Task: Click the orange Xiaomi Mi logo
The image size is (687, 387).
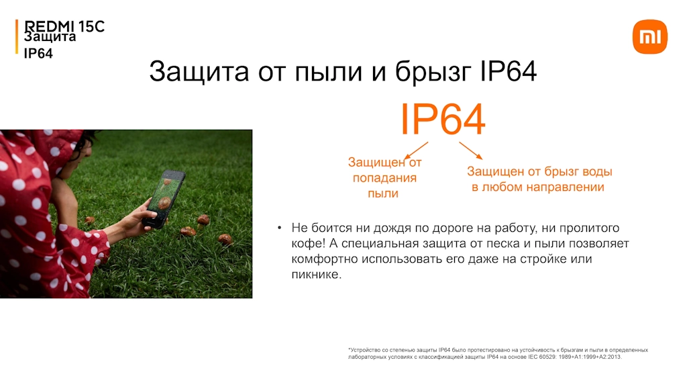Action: [649, 37]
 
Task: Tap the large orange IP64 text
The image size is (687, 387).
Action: [443, 120]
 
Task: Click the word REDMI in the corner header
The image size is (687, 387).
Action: [50, 26]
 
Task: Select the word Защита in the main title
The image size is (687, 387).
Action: [199, 71]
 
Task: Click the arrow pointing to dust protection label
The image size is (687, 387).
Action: [416, 150]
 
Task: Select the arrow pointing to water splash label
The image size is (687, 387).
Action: [470, 150]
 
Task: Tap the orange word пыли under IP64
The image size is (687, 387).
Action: [383, 193]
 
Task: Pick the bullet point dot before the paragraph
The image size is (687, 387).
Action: [280, 228]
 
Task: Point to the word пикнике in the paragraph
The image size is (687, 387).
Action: [315, 275]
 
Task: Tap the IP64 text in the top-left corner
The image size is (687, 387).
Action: [38, 54]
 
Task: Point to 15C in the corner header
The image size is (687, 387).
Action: [91, 26]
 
